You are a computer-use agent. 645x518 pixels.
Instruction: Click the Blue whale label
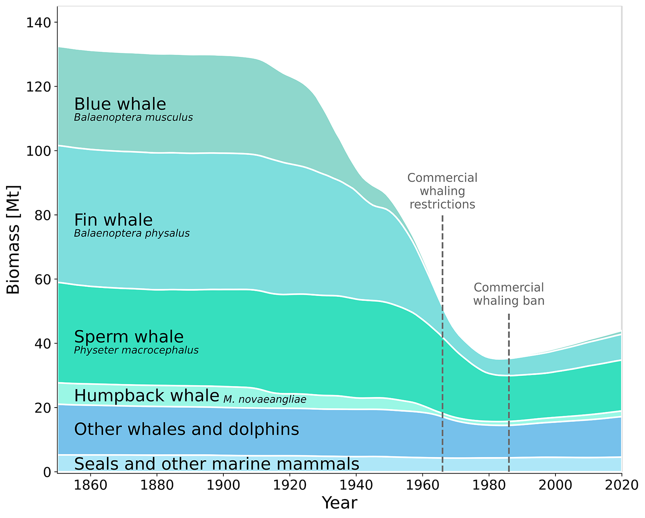120,104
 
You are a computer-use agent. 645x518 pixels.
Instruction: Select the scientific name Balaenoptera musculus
133,118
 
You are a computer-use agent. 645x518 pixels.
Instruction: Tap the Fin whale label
113,221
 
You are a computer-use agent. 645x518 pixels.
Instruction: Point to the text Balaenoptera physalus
131,234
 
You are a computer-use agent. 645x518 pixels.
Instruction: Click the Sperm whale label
129,337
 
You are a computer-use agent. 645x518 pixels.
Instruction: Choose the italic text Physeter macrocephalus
136,350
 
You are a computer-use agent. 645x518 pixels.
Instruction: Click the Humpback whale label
146,396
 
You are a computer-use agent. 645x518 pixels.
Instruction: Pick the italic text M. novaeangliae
264,400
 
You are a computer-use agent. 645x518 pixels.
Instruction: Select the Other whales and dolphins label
186,429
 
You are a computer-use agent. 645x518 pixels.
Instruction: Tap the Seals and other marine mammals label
216,464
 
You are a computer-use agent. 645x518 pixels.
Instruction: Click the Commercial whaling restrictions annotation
442,191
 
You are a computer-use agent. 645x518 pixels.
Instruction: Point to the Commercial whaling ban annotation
508,294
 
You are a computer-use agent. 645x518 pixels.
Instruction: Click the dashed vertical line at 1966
442,363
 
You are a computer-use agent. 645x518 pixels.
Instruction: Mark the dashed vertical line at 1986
508,403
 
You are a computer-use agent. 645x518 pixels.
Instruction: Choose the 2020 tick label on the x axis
621,485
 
